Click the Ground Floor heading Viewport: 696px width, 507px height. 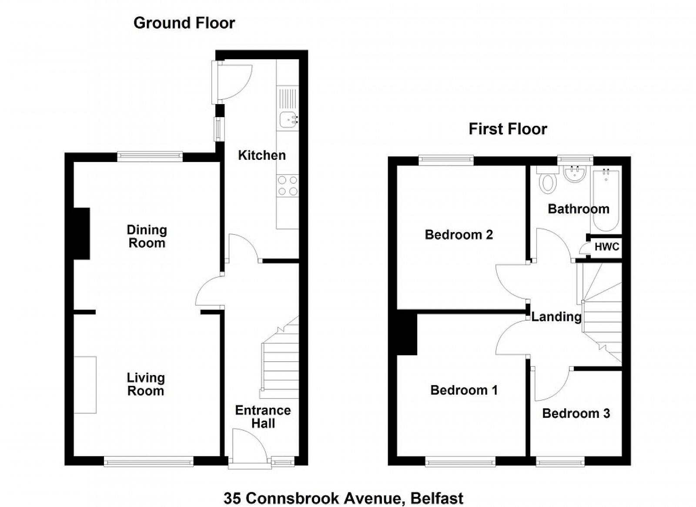[184, 24]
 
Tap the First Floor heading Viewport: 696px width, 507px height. [508, 129]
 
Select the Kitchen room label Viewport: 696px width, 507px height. [262, 155]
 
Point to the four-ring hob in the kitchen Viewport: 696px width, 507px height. [288, 186]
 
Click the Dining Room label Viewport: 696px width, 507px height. [147, 237]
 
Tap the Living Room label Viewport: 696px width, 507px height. [146, 384]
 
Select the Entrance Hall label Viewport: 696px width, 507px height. [263, 417]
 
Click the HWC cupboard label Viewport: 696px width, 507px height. [607, 247]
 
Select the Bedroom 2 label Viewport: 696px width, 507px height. [459, 235]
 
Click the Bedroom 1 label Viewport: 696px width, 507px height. [464, 390]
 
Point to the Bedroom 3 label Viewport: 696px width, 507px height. [576, 413]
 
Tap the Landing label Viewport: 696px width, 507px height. [556, 317]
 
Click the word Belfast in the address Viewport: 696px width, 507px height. [437, 498]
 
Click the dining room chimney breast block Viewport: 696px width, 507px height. [81, 233]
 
